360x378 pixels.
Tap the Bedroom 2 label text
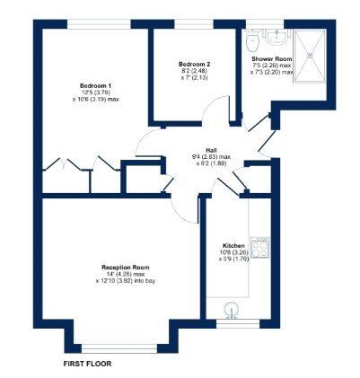point(194,65)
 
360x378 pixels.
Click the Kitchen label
point(233,244)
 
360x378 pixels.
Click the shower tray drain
point(313,53)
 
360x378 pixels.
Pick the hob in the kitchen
point(260,248)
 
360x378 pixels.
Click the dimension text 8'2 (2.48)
point(194,71)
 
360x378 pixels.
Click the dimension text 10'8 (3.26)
point(233,251)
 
